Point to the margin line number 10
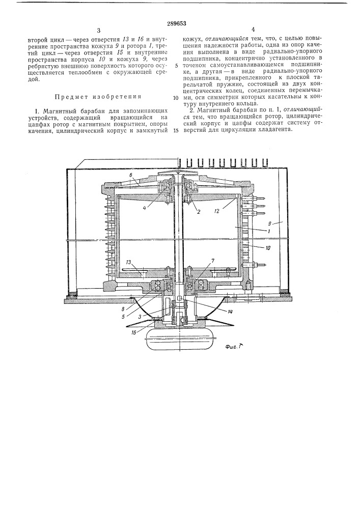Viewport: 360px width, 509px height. coord(175,98)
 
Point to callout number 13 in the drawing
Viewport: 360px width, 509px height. coord(129,262)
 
